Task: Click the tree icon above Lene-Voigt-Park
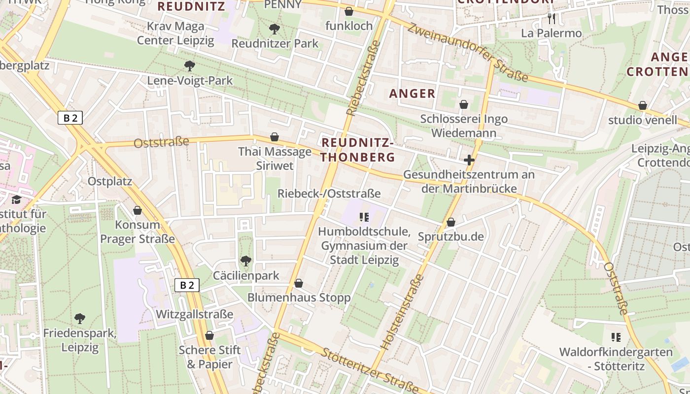coord(189,66)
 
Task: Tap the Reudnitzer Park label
coord(275,43)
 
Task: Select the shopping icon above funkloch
coord(349,11)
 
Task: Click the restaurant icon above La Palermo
coord(552,19)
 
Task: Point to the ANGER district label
coord(413,93)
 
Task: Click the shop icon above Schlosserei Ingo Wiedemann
coord(464,104)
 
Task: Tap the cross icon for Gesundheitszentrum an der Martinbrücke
coord(469,160)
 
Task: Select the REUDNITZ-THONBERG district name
coord(358,150)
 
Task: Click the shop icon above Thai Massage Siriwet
coord(275,137)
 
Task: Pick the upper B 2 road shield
coord(70,118)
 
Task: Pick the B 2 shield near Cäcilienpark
coord(187,285)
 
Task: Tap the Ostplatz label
coord(110,181)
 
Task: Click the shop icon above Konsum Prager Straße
coord(138,210)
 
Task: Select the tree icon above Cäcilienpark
coord(245,261)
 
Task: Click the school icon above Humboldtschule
coord(364,217)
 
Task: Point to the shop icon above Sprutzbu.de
coord(450,223)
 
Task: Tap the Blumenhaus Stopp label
coord(299,297)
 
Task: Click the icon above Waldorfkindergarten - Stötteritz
coord(616,337)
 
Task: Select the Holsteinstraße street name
coord(403,312)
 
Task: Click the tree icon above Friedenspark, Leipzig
coord(79,319)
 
